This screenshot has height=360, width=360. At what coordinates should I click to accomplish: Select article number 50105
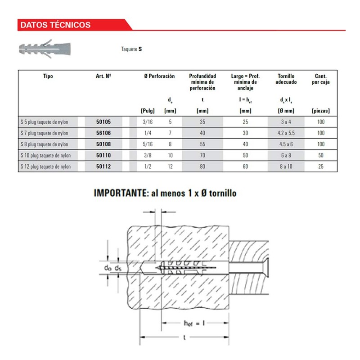[x=103, y=121]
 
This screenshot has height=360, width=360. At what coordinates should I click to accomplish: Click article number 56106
[x=103, y=133]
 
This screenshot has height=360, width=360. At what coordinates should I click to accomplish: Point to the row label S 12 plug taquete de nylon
[x=46, y=167]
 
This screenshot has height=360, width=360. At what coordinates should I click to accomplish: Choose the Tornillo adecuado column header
[x=286, y=79]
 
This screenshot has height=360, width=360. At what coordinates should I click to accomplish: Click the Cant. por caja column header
[x=320, y=79]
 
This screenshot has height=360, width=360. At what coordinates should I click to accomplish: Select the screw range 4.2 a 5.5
[x=286, y=133]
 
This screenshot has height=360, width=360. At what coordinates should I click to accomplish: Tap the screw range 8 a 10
[x=286, y=167]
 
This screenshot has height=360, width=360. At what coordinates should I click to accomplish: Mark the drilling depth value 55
[x=202, y=144]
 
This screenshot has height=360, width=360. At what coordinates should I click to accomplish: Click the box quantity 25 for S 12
[x=320, y=167]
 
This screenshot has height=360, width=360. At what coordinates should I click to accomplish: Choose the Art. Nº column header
[x=103, y=76]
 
